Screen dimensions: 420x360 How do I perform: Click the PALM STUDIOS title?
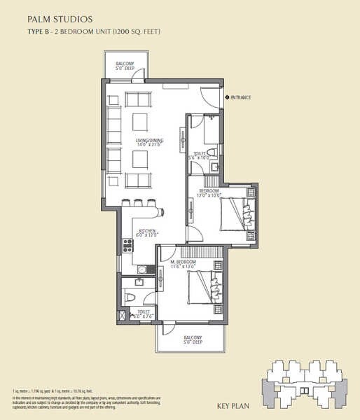click(54, 18)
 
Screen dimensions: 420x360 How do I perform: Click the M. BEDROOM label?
click(182, 262)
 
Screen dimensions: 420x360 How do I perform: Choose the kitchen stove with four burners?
click(127, 245)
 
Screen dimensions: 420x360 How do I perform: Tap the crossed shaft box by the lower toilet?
click(124, 316)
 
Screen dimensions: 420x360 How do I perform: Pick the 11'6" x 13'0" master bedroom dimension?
click(182, 267)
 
